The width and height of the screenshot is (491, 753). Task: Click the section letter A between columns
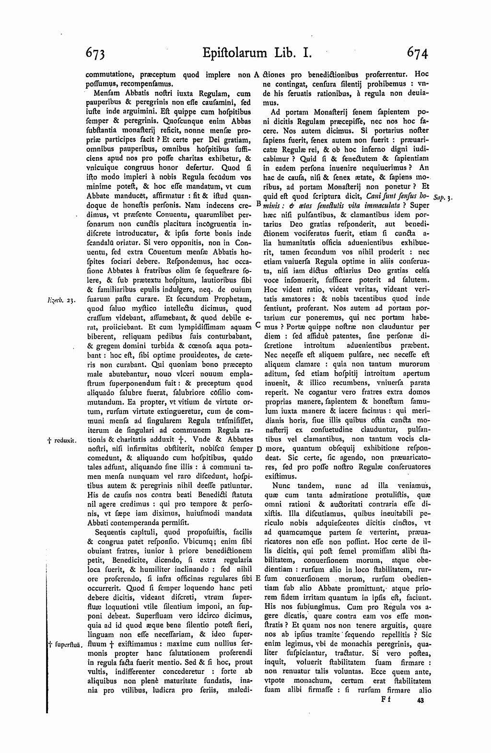(x=257, y=75)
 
